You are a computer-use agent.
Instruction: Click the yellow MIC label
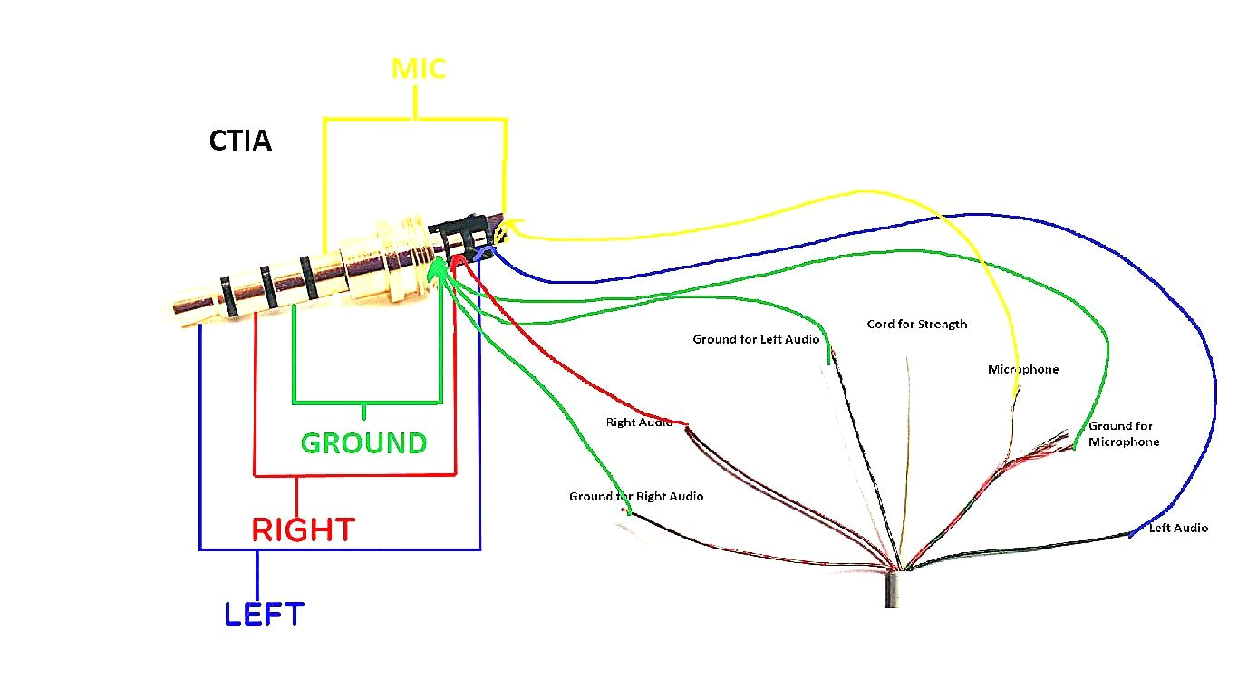pos(418,69)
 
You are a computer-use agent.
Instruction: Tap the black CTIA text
pos(240,141)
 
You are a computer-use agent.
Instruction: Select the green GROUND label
pos(363,443)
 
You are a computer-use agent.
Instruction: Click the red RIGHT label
pos(303,529)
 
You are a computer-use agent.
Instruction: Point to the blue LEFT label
pos(264,615)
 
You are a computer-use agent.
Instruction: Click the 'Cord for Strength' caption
pos(916,325)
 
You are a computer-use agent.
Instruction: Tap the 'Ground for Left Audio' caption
pos(756,340)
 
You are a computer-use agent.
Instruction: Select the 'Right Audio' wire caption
pos(639,423)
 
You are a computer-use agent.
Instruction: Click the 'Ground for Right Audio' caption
pos(635,497)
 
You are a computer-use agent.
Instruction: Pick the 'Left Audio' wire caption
pos(1178,528)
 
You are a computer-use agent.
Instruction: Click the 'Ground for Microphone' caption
pos(1123,433)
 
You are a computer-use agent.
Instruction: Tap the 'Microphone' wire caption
pos(1022,370)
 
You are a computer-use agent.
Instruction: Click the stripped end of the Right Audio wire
pos(686,425)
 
